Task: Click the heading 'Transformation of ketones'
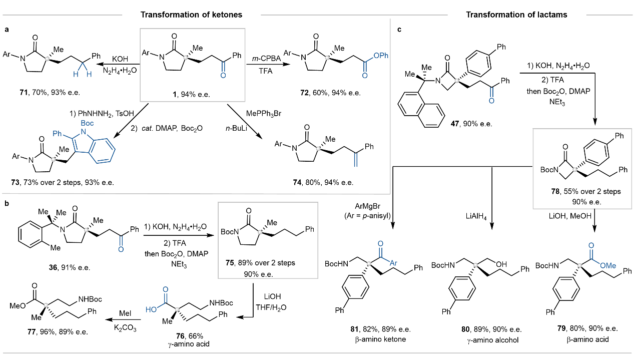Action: (x=191, y=15)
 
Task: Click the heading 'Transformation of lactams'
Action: (x=516, y=15)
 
